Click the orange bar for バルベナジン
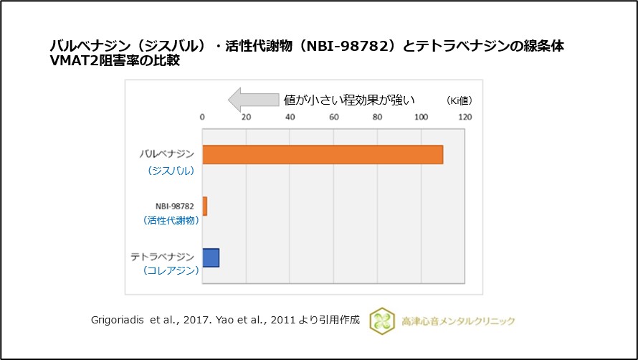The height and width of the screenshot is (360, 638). click(323, 154)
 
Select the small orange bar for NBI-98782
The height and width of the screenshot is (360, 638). click(204, 206)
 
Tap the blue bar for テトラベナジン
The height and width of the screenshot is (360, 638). click(211, 257)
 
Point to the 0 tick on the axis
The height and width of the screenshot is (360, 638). click(202, 118)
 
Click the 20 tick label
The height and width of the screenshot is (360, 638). click(246, 118)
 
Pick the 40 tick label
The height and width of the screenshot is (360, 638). click(290, 118)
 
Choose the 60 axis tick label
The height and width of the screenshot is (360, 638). click(334, 118)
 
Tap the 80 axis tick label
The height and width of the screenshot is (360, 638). click(378, 118)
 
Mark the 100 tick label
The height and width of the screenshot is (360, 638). click(422, 118)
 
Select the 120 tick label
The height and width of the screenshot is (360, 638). click(466, 118)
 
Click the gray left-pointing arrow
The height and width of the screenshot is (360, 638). click(252, 98)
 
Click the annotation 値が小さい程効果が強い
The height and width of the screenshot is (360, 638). click(350, 99)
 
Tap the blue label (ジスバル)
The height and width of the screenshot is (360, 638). click(172, 171)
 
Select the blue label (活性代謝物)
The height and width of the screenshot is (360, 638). click(172, 220)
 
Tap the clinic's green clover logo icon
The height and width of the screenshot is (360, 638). click(382, 321)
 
